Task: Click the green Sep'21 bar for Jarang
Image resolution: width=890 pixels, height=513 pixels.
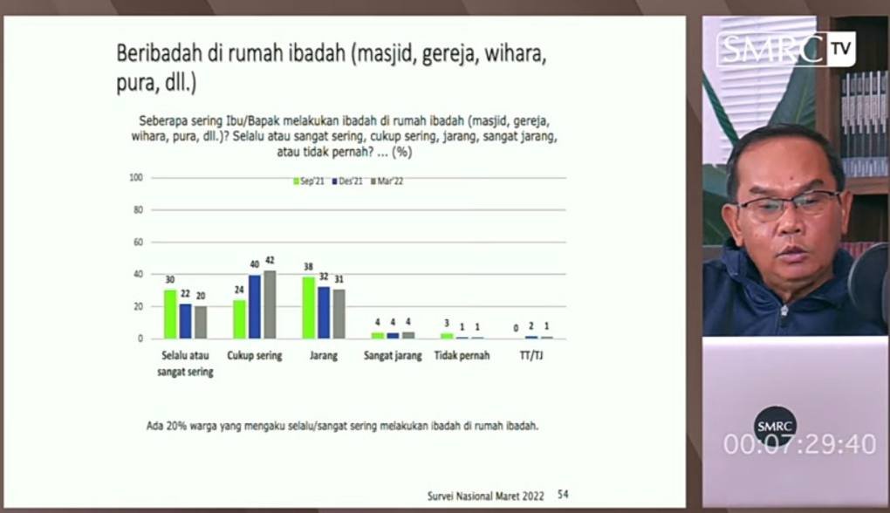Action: tap(308, 308)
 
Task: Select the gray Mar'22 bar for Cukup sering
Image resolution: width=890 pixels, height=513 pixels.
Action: tap(270, 304)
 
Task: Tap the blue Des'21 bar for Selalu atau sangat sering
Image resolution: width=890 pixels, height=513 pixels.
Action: tap(186, 321)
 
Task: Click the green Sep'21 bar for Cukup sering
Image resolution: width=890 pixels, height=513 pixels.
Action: tap(240, 319)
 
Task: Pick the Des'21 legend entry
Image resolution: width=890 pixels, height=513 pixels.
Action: tap(347, 181)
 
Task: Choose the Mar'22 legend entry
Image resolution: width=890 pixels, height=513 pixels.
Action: tap(387, 181)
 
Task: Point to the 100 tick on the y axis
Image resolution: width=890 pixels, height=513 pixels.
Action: tap(135, 178)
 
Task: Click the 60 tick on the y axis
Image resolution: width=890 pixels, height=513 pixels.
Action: tap(138, 243)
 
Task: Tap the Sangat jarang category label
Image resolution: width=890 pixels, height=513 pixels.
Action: tap(393, 356)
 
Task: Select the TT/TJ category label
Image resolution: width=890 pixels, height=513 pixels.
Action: tap(531, 356)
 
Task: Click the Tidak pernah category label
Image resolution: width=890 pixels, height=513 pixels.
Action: tap(462, 356)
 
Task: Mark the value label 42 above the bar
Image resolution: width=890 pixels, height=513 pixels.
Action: tap(270, 261)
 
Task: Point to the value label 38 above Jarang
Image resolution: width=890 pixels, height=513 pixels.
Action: tap(308, 267)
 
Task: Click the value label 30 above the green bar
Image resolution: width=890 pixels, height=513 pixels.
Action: tap(170, 280)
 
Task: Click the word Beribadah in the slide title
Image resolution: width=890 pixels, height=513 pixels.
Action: tap(160, 53)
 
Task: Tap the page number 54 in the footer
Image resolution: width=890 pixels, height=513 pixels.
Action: tap(563, 495)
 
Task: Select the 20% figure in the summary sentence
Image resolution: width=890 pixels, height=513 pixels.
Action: tap(176, 426)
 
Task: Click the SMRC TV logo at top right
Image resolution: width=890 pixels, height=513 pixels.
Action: tap(786, 50)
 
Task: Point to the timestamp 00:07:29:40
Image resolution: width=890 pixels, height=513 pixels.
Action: tap(800, 444)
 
